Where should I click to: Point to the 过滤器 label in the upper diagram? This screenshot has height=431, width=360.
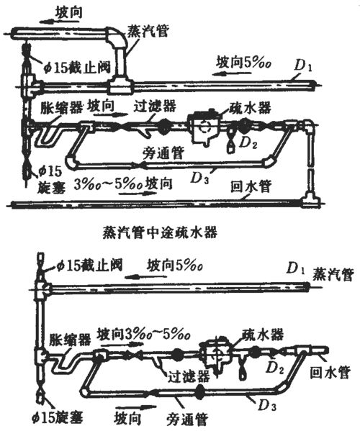(153, 105)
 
